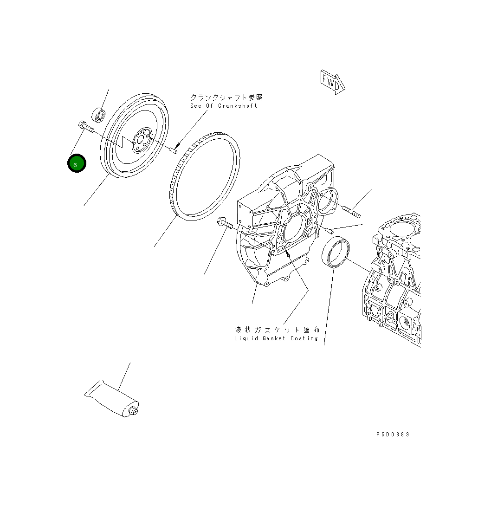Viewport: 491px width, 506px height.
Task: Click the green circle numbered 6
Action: pos(77,163)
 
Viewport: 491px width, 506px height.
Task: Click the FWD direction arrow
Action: pos(333,82)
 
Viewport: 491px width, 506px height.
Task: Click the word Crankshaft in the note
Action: pos(238,106)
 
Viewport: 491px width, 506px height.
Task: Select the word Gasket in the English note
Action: pos(274,338)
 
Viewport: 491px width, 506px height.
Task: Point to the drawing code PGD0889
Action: pos(393,435)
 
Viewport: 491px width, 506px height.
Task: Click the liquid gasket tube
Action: pos(112,399)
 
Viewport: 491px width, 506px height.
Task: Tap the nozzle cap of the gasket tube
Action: pos(133,411)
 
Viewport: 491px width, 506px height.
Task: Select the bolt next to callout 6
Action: pos(85,126)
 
